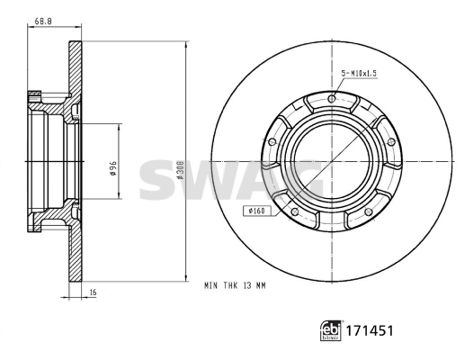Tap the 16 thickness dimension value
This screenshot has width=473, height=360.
pyautogui.click(x=93, y=292)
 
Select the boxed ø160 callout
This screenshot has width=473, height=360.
pyautogui.click(x=257, y=211)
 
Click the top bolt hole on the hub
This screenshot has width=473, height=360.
pyautogui.click(x=333, y=98)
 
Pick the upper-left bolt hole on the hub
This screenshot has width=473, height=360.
pyautogui.click(x=272, y=141)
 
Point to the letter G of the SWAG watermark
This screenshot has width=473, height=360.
pyautogui.click(x=306, y=179)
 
